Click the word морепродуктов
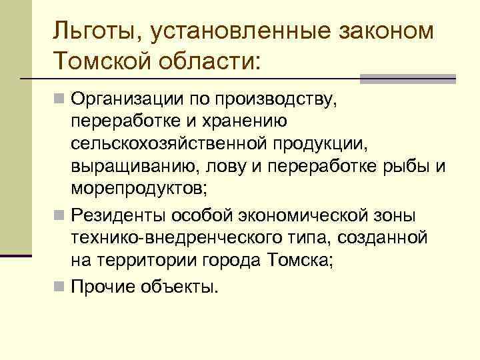[140, 187]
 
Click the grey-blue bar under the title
[407, 78]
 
